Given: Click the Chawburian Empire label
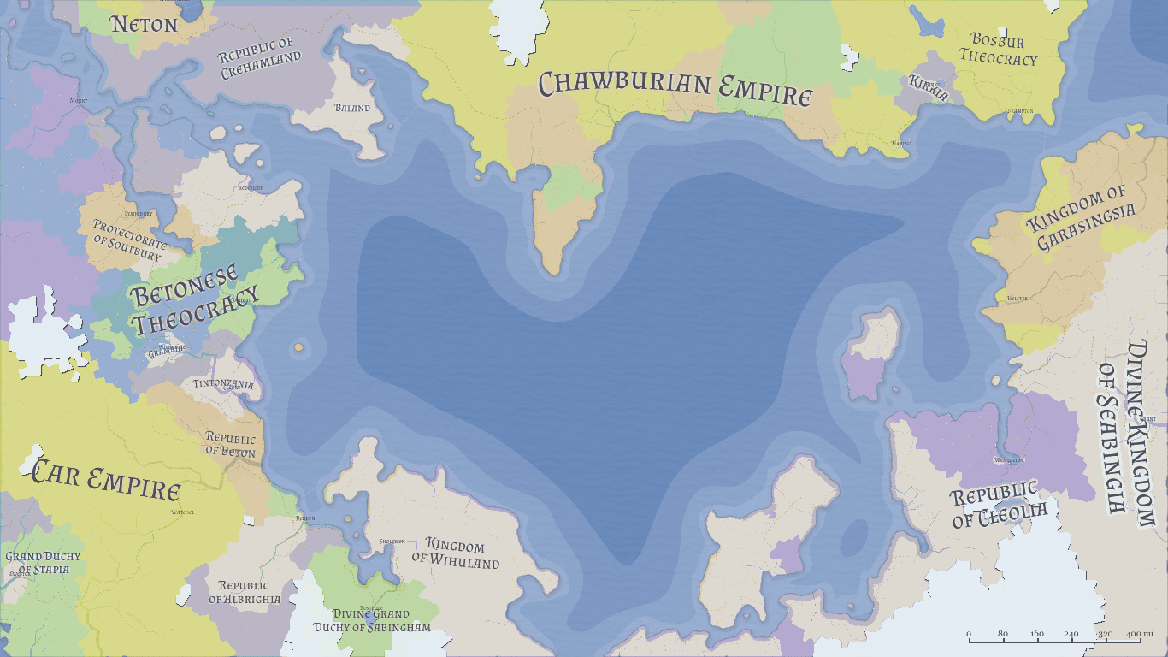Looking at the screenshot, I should click(x=675, y=87).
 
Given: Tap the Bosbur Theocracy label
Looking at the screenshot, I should click(x=998, y=50).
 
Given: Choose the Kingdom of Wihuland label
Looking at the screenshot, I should click(x=455, y=554).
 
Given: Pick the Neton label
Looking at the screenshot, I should click(x=144, y=24).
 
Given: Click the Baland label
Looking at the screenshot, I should click(x=352, y=108).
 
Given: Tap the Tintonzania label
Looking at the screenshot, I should click(x=223, y=384).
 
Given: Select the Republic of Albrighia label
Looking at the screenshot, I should click(x=245, y=593).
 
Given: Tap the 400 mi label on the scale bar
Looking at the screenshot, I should click(x=1133, y=634).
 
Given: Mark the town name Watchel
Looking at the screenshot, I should click(x=183, y=512).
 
